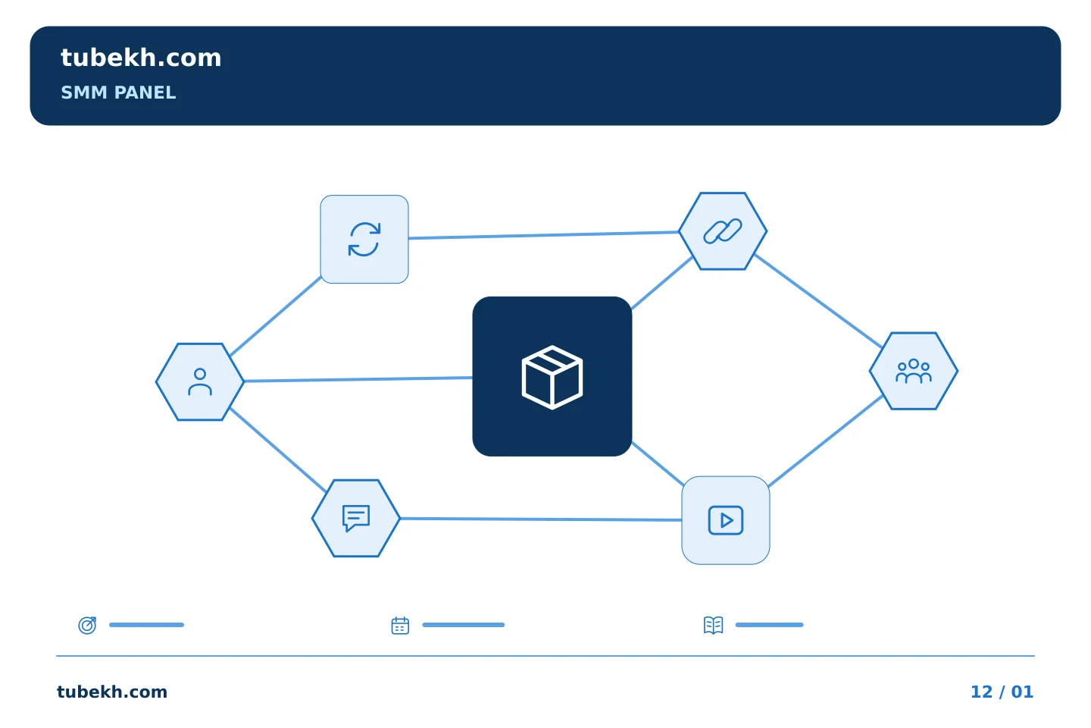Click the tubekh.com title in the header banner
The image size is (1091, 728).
click(141, 58)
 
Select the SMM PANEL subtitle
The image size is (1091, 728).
click(118, 93)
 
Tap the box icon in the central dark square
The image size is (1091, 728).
click(552, 377)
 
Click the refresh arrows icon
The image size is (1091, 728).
click(364, 239)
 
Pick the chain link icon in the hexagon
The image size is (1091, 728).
click(723, 231)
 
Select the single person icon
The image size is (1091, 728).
click(200, 381)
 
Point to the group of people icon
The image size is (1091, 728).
click(913, 371)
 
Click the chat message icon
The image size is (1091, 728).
click(356, 518)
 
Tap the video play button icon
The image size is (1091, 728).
click(725, 520)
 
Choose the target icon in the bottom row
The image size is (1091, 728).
click(88, 625)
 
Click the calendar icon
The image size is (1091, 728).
click(400, 626)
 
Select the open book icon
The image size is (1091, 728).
click(713, 625)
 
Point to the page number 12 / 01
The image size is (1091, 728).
click(1002, 692)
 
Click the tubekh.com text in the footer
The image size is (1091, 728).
click(111, 692)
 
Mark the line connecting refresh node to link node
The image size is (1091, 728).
click(543, 235)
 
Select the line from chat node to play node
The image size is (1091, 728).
click(541, 519)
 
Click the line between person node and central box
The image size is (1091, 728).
click(358, 379)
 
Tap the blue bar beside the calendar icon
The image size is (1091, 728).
click(463, 625)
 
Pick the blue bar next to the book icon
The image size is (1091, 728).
click(769, 625)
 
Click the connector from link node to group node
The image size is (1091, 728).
click(818, 301)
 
